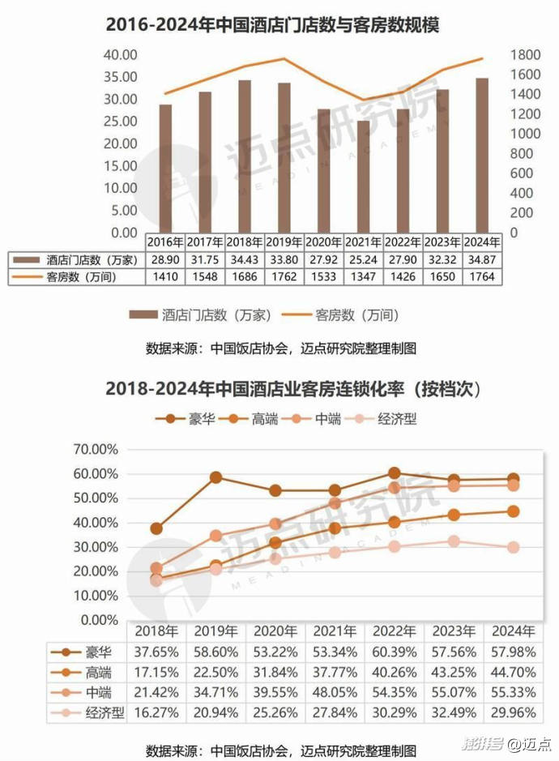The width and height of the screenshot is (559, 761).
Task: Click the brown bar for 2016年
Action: (165, 168)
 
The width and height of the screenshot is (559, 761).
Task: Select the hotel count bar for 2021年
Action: (362, 176)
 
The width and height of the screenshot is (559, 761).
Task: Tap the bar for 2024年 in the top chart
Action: (482, 155)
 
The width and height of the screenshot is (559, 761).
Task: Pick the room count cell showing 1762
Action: (284, 276)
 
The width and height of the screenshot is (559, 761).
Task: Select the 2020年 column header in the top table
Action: (323, 242)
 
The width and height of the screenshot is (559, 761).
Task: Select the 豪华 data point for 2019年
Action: (216, 477)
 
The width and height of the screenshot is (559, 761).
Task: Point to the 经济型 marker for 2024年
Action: (513, 547)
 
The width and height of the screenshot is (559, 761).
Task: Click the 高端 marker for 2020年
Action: (275, 543)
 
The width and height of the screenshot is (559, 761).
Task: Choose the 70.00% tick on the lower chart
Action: (96, 449)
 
